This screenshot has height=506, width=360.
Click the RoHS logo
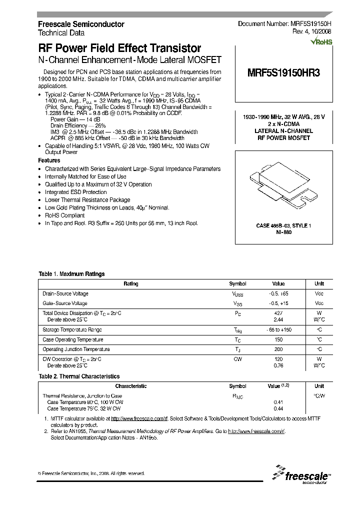coord(321,42)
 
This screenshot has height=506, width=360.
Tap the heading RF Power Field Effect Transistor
coord(119,48)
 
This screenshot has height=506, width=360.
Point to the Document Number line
coord(284,24)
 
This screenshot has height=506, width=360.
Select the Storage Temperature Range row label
coord(72,330)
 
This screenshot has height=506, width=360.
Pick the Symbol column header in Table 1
coord(237,283)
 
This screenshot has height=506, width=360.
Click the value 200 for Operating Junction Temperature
coord(278,349)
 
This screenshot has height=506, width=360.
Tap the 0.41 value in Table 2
coord(278,402)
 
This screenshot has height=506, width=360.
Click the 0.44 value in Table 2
coord(278,408)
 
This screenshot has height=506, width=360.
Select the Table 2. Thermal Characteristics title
coord(79,376)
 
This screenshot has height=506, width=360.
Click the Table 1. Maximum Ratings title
coord(71,274)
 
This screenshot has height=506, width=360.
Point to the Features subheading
coord(49,160)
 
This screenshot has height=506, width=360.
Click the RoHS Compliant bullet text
coord(65,215)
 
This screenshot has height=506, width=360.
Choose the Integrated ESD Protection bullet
coord(75,192)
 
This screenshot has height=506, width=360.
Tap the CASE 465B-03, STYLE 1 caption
coord(283,226)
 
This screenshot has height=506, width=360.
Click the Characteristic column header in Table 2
coord(131,386)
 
